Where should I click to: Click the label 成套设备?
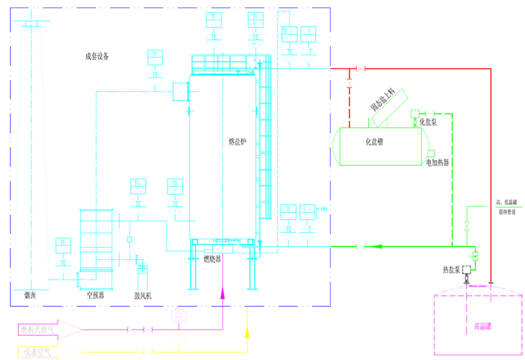click(96, 56)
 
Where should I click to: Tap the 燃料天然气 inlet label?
click(37, 329)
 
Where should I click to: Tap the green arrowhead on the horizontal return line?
click(377, 247)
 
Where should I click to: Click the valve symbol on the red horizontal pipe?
click(360, 69)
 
